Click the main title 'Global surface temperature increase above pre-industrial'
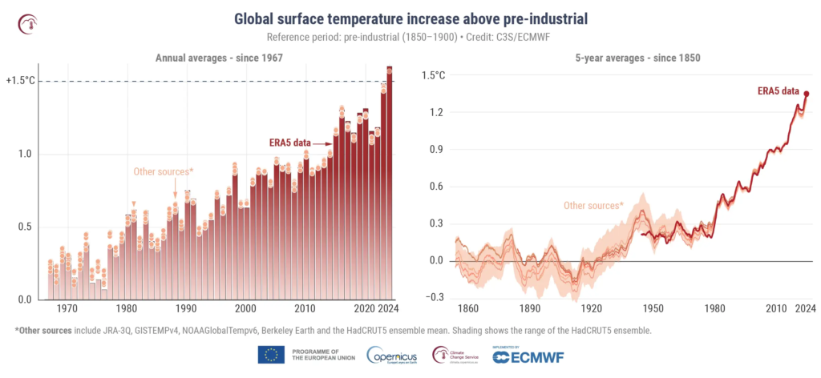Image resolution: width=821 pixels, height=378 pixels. (410, 18)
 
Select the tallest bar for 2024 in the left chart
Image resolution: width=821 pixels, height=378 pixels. (390, 184)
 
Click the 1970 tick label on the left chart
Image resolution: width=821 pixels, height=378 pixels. (67, 308)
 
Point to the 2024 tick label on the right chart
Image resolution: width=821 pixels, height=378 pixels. (805, 308)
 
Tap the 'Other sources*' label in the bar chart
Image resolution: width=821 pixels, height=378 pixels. (164, 171)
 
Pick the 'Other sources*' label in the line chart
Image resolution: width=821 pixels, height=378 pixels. (593, 206)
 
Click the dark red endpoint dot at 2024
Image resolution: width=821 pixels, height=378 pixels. (807, 94)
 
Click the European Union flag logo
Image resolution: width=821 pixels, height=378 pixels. (271, 354)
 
